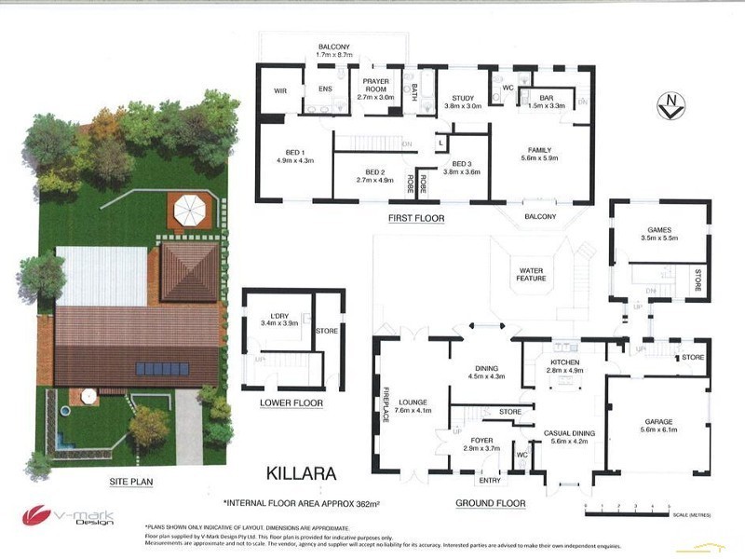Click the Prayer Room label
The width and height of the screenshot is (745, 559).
382,88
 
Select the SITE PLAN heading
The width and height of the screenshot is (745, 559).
130,482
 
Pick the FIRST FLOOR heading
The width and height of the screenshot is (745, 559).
416,218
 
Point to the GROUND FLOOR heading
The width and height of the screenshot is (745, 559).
491,503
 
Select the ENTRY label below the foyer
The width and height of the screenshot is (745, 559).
489,481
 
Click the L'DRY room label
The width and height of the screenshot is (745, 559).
276,318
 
